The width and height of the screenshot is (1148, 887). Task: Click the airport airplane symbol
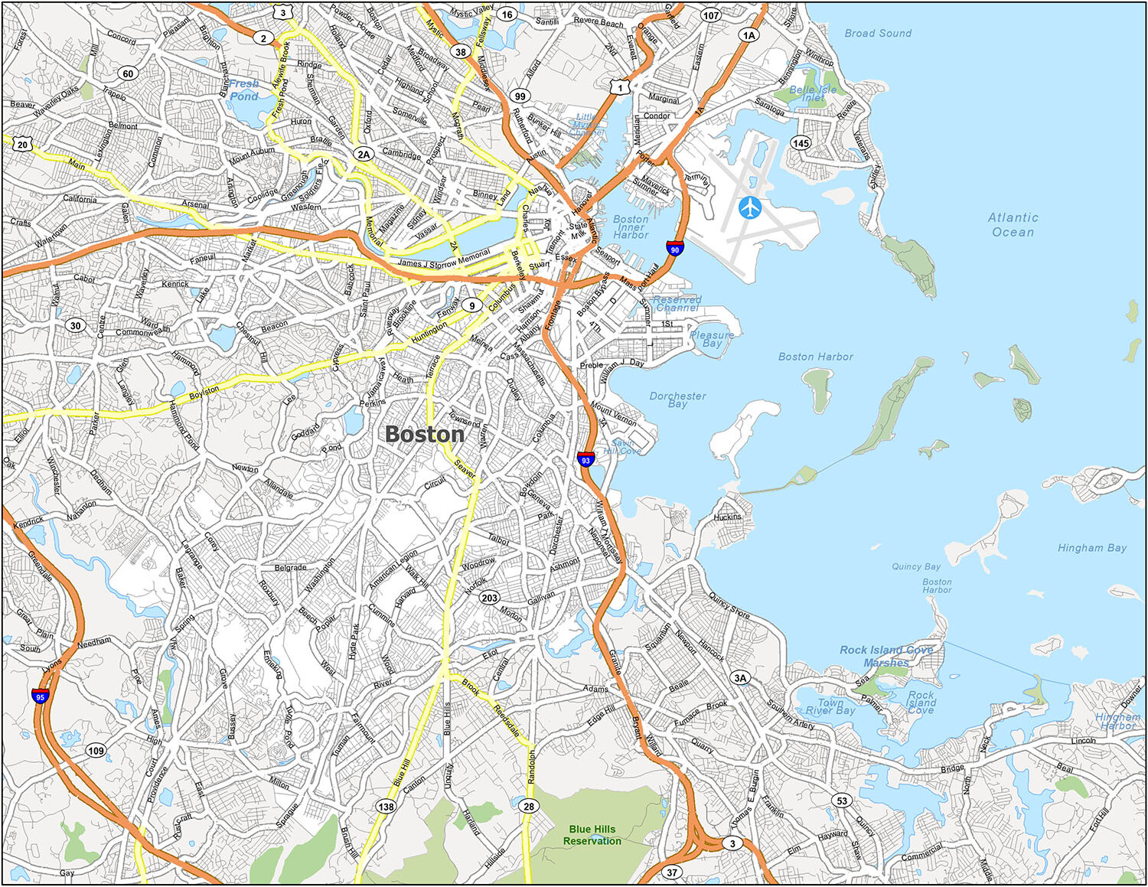[751, 207]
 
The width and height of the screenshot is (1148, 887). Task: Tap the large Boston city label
[425, 434]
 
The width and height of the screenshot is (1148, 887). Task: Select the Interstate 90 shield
[674, 248]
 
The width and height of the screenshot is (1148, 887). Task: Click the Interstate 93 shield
[585, 459]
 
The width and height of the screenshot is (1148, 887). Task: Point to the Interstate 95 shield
[41, 696]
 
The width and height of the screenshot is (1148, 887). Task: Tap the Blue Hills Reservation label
[592, 835]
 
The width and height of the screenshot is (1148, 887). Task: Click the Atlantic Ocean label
[1013, 225]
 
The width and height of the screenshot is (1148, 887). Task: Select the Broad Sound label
[878, 34]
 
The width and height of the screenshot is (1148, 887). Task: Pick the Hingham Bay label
[1091, 548]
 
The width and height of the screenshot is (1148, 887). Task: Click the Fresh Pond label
[244, 90]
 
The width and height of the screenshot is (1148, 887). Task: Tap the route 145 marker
[801, 143]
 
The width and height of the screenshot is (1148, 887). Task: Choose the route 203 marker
[490, 598]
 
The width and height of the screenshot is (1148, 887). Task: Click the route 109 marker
[96, 751]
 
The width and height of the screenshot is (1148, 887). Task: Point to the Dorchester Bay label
[677, 399]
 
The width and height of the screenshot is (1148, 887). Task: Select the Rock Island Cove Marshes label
[886, 656]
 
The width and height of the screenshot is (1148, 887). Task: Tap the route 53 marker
[842, 801]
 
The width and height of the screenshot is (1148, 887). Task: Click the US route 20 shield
[23, 145]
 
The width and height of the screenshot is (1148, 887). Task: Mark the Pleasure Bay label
[712, 339]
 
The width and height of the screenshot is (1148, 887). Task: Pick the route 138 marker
[386, 806]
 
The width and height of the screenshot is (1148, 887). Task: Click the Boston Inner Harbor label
[631, 227]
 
